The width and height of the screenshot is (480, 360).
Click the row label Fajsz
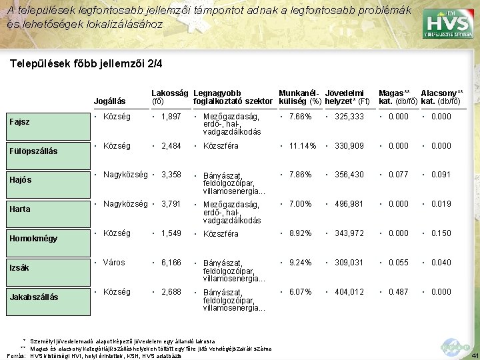[x=20, y=121]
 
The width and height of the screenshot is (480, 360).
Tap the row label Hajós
[x=21, y=180]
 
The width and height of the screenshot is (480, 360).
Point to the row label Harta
[x=20, y=209]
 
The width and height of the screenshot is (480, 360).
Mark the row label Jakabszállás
[x=33, y=297]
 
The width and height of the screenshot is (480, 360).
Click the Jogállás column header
[x=111, y=102]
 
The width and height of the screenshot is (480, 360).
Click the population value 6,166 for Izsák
[x=171, y=263]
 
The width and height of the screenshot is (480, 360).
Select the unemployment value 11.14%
[x=301, y=146]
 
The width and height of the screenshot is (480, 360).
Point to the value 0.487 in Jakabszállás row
[x=399, y=292]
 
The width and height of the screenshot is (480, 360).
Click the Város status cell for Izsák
[x=114, y=263]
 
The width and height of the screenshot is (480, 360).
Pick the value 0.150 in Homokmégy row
[x=441, y=233]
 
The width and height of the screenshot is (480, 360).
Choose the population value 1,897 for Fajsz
[x=171, y=117]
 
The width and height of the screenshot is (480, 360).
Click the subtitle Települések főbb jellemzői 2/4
[x=87, y=65]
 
